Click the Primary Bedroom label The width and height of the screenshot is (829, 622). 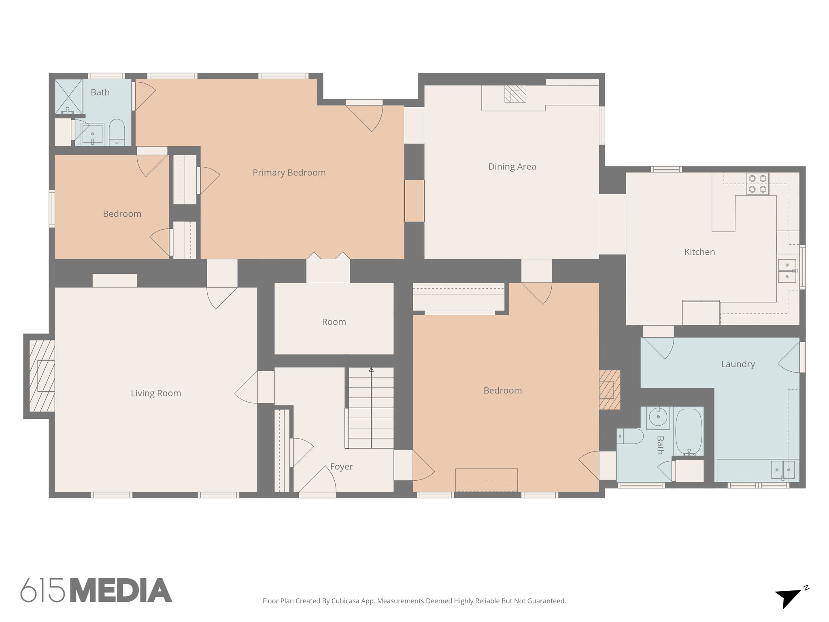click(289, 173)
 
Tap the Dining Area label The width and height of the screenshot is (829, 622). click(512, 166)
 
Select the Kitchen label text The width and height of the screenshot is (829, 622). click(699, 252)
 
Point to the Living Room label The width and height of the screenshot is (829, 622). click(156, 393)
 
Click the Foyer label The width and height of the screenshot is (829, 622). click(341, 466)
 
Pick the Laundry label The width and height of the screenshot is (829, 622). click(738, 364)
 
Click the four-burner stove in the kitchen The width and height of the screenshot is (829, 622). click(757, 184)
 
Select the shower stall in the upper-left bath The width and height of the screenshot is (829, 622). click(68, 96)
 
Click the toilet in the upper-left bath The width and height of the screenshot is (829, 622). click(117, 132)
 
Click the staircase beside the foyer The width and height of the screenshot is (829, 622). click(371, 407)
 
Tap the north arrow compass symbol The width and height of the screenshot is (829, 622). click(789, 598)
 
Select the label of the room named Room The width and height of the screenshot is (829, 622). click(334, 322)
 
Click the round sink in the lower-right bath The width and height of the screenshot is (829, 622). click(658, 417)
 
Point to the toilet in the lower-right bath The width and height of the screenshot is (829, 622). click(631, 437)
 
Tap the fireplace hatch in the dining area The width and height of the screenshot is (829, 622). click(515, 94)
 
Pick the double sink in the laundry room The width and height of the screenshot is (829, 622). click(782, 470)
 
